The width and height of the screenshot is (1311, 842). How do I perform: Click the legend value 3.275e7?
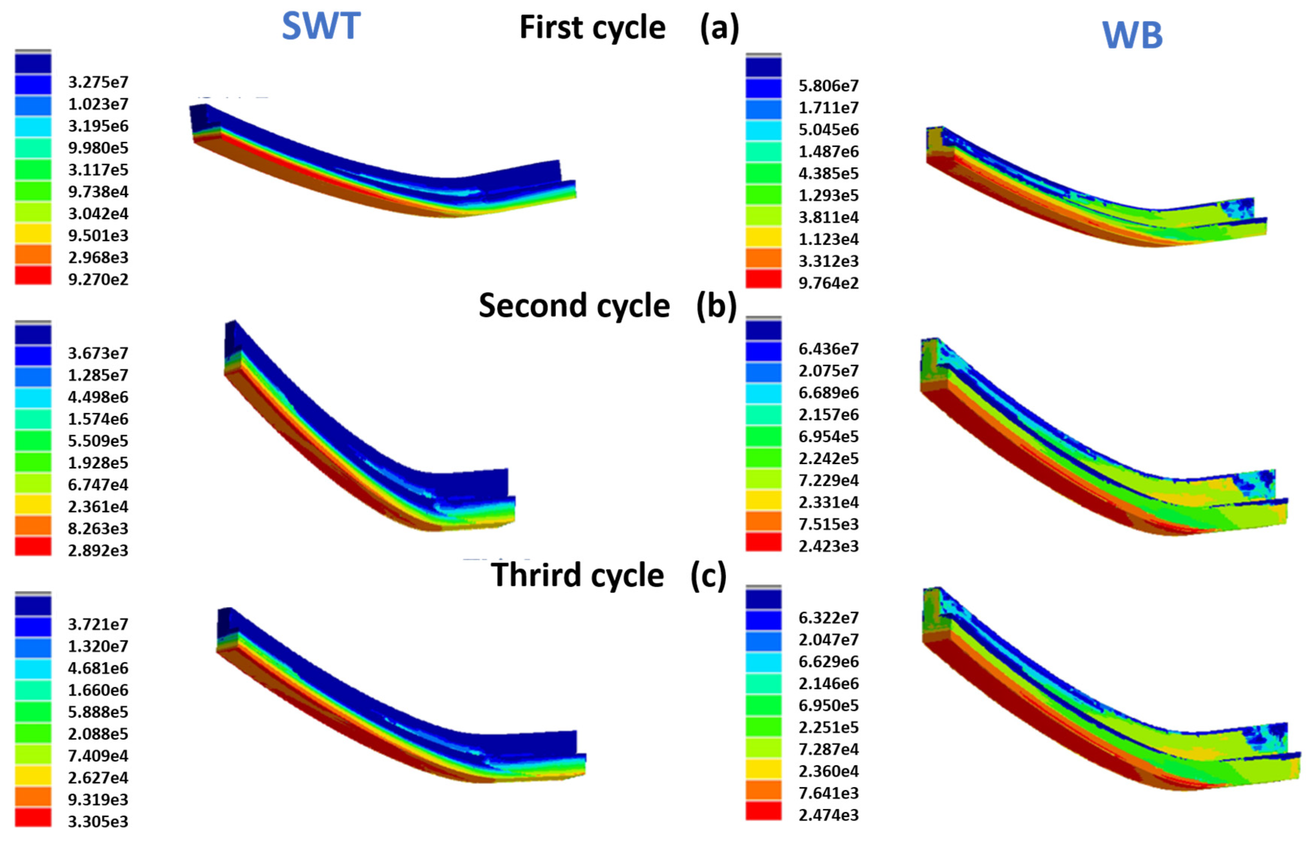pos(98,82)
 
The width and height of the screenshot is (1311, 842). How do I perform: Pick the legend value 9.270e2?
pos(98,279)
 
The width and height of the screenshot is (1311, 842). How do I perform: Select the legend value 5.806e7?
pos(828,86)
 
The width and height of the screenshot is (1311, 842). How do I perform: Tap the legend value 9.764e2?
pos(828,283)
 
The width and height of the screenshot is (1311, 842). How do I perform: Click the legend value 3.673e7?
pos(98,353)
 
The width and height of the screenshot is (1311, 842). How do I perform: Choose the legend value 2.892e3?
pos(98,551)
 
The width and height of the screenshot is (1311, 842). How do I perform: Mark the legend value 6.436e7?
pos(828,349)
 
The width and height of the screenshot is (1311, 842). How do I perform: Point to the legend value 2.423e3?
pos(828,546)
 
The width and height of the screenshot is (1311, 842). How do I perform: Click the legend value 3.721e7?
pos(98,624)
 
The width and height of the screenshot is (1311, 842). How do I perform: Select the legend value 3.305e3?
pos(98,822)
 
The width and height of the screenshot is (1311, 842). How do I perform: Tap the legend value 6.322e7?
pos(828,618)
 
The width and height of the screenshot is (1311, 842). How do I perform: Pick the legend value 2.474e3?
pos(828,815)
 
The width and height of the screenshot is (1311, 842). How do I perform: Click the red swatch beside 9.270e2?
pos(33,275)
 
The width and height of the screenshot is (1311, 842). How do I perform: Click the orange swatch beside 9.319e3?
pos(33,796)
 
